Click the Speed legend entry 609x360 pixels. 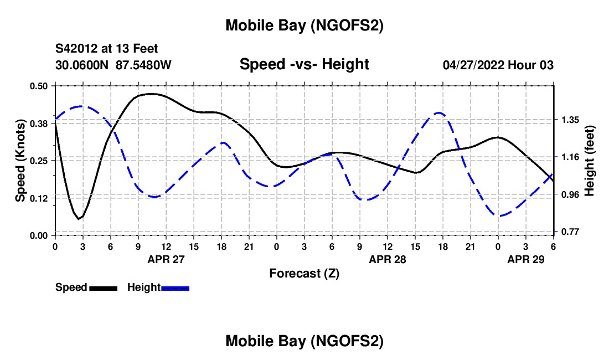click(x=86, y=287)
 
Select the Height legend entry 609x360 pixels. click(x=158, y=287)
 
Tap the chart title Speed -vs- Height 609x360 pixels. click(x=304, y=64)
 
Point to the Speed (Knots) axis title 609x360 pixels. click(x=20, y=160)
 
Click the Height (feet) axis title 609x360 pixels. click(x=589, y=161)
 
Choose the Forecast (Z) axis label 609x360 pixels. click(x=304, y=273)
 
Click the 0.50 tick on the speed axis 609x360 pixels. click(x=39, y=86)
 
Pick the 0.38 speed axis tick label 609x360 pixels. click(x=39, y=123)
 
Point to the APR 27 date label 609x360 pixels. click(x=166, y=259)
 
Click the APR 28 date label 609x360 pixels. click(x=388, y=259)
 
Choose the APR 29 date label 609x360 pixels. click(x=526, y=259)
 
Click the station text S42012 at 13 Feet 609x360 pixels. click(x=107, y=49)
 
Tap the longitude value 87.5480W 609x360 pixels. click(x=144, y=65)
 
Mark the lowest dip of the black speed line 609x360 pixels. click(x=79, y=219)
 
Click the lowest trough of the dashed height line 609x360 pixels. click(x=499, y=216)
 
